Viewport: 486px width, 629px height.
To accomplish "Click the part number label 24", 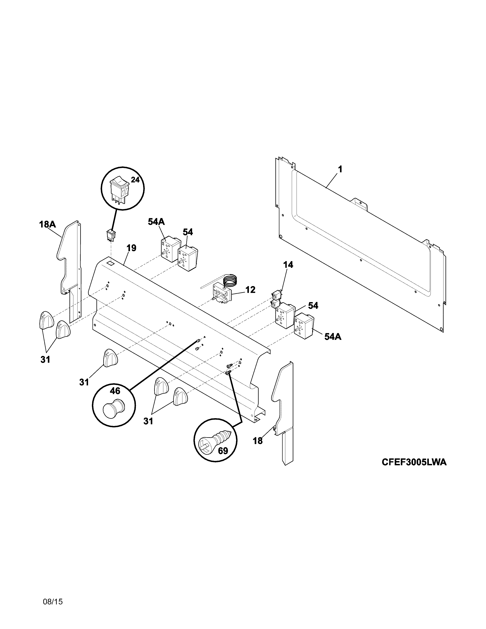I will click(x=135, y=180).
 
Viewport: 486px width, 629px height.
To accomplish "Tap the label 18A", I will click(x=47, y=224).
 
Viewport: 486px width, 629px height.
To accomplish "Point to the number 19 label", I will click(x=131, y=248).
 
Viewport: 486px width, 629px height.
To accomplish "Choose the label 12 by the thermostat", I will click(x=250, y=290).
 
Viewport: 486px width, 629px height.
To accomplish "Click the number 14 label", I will click(x=288, y=265).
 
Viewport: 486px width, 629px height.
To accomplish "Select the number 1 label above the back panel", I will click(x=340, y=169).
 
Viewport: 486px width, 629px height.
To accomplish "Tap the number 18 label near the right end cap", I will click(x=258, y=441).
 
